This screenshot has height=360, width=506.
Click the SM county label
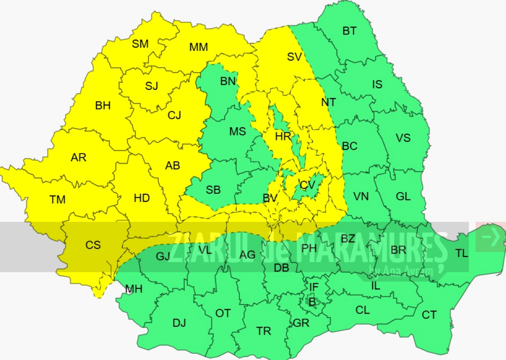[140, 44]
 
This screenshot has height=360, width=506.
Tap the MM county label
[198, 48]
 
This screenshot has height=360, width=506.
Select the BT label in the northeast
[349, 31]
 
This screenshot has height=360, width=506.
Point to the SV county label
[294, 57]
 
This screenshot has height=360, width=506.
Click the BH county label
[103, 105]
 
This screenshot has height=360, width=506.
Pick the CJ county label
[174, 115]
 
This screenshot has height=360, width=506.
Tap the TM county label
[58, 200]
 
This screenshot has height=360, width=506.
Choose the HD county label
[142, 198]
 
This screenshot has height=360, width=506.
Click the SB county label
[213, 190]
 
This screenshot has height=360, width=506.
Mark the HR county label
[283, 136]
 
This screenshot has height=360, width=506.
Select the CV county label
[308, 185]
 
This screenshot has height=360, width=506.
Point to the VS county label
[403, 138]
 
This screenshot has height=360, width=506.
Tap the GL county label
[403, 197]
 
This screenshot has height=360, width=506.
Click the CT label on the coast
[429, 315]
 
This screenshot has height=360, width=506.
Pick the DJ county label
[179, 323]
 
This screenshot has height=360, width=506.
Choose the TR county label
[264, 331]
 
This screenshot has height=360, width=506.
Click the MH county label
[133, 289]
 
